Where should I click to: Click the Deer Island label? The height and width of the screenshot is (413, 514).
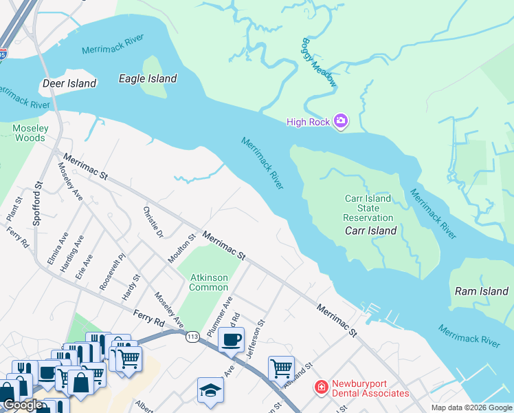tap(69, 83)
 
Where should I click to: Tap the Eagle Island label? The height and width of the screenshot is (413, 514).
tap(148, 78)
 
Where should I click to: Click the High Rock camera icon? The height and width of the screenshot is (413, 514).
tap(340, 122)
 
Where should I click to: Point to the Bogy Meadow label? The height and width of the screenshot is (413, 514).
tap(320, 62)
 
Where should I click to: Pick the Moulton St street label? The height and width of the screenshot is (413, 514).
tap(182, 248)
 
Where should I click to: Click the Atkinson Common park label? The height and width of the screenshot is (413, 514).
tap(209, 282)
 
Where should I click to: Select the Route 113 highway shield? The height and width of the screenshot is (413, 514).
tap(192, 337)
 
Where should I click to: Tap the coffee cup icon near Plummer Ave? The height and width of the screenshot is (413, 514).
tap(232, 339)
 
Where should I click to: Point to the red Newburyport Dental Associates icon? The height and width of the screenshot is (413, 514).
tap(320, 388)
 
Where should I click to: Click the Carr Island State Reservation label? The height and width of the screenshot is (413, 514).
tap(368, 208)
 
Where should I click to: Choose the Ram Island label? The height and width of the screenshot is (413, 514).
tap(482, 291)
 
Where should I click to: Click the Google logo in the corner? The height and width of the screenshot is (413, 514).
tap(23, 405)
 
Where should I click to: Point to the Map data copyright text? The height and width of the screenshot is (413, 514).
tap(471, 407)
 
